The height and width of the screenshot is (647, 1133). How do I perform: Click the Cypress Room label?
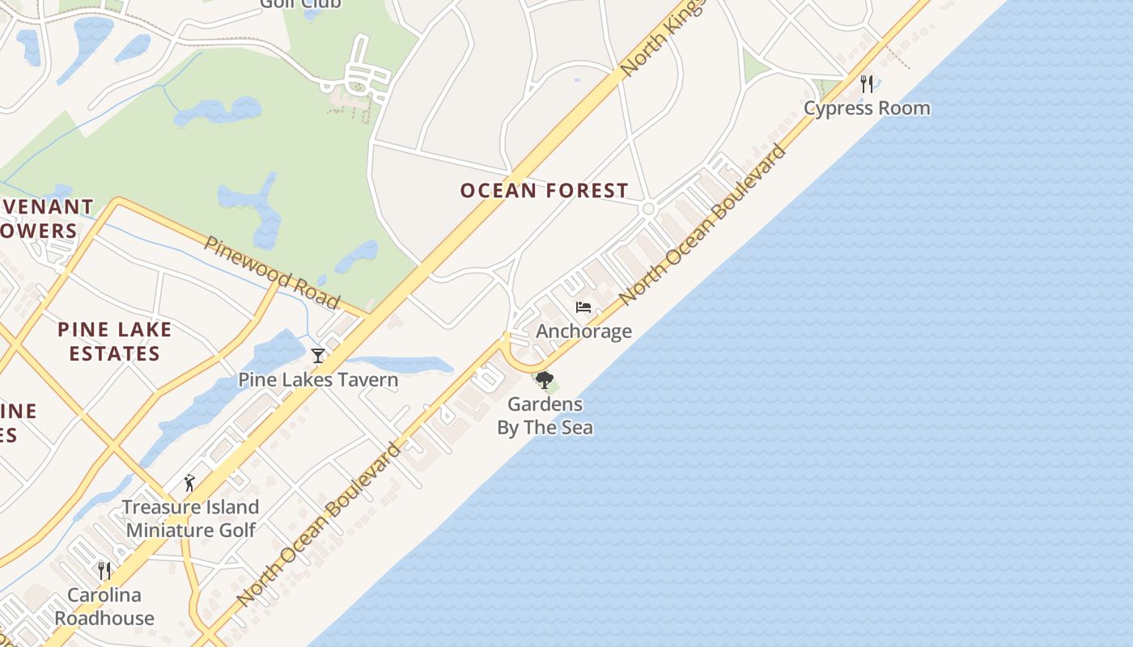click(x=867, y=108)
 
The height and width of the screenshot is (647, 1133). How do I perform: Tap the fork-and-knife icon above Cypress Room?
click(x=867, y=82)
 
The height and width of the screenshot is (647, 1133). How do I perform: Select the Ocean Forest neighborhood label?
click(x=544, y=191)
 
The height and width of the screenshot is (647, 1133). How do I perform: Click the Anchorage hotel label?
click(x=583, y=331)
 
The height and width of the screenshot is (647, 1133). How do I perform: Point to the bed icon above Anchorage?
click(x=583, y=307)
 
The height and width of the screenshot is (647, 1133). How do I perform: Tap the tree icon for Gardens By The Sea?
click(x=544, y=379)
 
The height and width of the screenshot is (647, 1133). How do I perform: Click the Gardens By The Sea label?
click(x=545, y=416)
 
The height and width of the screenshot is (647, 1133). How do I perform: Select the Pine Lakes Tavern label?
click(x=318, y=379)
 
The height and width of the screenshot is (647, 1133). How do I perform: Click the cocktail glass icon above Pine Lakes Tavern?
click(x=318, y=356)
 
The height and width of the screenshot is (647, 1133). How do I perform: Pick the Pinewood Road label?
click(x=272, y=273)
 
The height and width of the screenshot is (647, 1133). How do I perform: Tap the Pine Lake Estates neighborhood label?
click(x=114, y=341)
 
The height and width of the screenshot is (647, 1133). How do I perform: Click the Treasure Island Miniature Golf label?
click(x=190, y=518)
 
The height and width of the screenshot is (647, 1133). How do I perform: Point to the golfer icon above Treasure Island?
click(x=189, y=484)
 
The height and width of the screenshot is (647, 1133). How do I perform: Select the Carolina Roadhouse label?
click(x=104, y=607)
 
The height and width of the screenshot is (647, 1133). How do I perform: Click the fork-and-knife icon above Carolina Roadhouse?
click(x=104, y=571)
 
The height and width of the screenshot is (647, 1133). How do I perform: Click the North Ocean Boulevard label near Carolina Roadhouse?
click(x=320, y=524)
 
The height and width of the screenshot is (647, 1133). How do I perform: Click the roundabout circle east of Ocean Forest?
click(x=647, y=209)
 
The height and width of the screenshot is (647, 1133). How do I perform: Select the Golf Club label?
click(x=299, y=4)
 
